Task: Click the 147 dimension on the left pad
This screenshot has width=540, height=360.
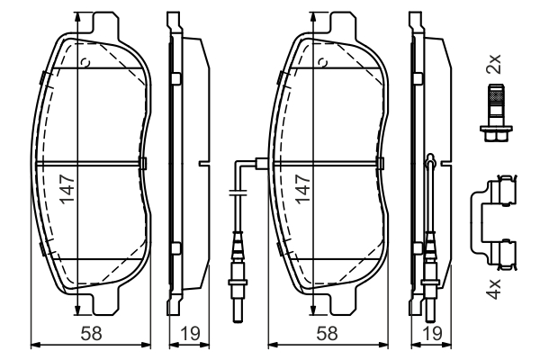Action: click(67, 189)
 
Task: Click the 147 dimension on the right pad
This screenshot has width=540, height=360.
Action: click(303, 189)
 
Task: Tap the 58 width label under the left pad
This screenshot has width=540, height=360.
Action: click(91, 334)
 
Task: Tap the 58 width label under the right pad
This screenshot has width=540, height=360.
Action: click(327, 334)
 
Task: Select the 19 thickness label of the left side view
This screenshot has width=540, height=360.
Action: click(189, 334)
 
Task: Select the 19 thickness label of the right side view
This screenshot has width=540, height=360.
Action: click(431, 334)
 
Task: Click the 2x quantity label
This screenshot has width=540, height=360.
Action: click(493, 64)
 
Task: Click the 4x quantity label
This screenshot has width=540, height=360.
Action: click(493, 290)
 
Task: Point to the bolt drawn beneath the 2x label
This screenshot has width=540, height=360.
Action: click(496, 112)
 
